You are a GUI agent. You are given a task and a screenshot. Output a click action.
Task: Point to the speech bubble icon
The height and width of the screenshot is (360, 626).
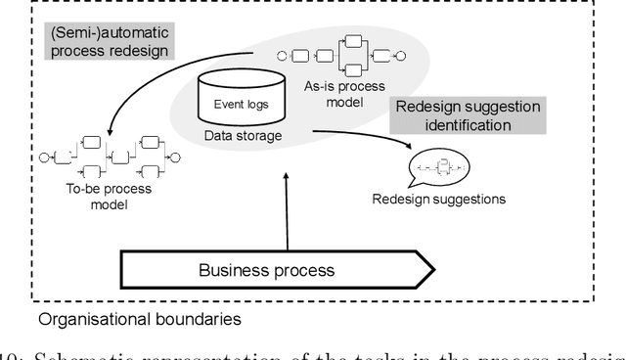[438, 167]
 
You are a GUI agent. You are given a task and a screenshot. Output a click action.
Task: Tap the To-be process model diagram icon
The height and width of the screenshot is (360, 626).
[110, 155]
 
